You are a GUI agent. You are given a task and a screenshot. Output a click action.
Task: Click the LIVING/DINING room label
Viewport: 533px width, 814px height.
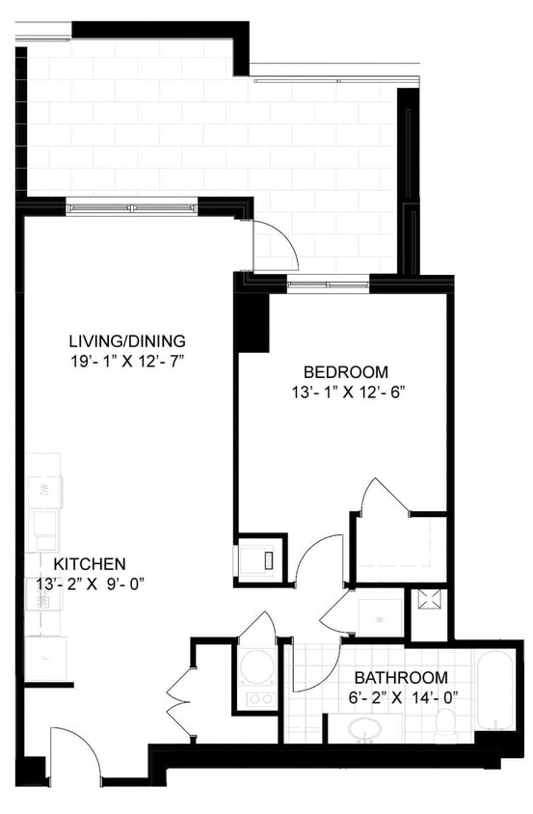pos(126,341)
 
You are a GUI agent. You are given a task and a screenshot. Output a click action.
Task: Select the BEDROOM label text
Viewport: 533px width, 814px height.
pos(345,372)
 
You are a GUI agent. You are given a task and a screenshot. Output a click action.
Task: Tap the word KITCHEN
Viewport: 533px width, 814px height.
pos(90,563)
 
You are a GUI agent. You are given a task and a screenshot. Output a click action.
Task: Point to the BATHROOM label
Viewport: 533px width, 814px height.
pos(400,677)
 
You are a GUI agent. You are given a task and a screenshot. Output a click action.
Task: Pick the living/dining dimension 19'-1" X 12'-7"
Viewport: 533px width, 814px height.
pos(126,361)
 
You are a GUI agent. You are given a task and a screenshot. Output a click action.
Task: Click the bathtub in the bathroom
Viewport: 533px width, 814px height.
pos(497,689)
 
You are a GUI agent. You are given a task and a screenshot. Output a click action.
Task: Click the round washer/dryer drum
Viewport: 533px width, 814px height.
pos(257,665)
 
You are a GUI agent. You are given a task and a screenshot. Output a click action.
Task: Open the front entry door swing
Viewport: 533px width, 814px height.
pos(75,752)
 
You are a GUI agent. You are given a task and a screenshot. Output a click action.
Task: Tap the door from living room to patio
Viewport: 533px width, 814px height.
pos(275,246)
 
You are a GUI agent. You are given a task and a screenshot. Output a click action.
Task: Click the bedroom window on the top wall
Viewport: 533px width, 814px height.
pos(328,285)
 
